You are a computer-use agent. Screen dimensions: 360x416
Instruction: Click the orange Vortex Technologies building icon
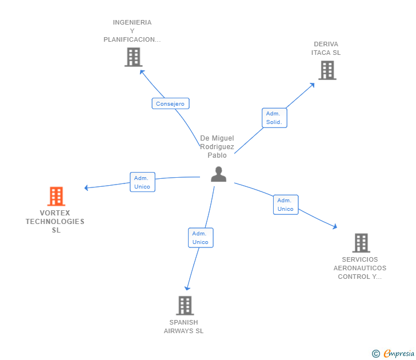[x=55, y=197]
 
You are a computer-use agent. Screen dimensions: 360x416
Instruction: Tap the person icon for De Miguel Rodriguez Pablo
[x=218, y=174]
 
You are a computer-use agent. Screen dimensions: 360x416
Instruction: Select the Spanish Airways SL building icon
[x=185, y=306]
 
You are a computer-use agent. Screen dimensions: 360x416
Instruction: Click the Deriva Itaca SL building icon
[x=326, y=70]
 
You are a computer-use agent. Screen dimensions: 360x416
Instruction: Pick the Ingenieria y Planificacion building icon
[x=133, y=57]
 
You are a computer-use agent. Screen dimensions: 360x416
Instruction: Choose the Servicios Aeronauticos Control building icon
[x=361, y=243]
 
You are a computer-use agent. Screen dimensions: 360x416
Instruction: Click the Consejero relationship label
[x=170, y=103]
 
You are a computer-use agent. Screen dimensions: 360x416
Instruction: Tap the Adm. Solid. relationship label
[x=274, y=118]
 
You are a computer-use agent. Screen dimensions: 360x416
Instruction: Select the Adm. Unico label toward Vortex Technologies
[x=142, y=182]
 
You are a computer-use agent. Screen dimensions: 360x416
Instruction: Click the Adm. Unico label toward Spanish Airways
[x=201, y=238]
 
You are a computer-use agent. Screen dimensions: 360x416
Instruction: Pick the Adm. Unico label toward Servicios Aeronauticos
[x=285, y=205]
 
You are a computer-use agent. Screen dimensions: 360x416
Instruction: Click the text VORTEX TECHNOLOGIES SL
[x=55, y=222]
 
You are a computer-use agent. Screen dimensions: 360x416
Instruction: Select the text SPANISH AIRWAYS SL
[x=183, y=326]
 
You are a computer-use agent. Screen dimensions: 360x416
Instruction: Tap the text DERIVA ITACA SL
[x=326, y=49]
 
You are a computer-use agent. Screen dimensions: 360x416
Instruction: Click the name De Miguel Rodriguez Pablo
[x=217, y=147]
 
